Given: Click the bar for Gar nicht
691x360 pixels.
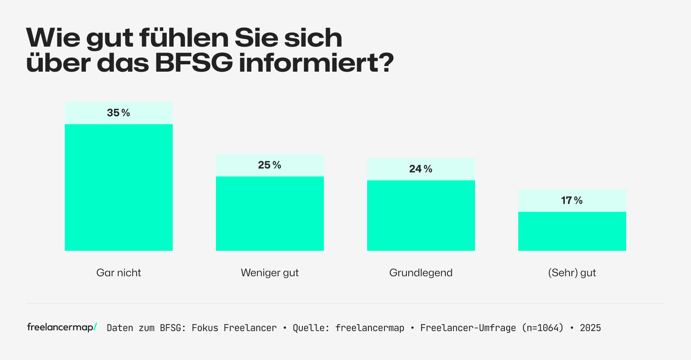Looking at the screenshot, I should point(119,187).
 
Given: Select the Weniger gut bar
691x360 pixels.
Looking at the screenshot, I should point(270,213).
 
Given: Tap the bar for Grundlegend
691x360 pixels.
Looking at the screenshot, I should point(421,215).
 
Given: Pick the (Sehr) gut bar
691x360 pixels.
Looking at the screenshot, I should point(572,231).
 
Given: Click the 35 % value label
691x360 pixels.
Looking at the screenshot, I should point(119,113).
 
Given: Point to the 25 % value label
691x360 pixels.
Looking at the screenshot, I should point(270,165).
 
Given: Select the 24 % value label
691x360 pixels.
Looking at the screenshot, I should point(421,169).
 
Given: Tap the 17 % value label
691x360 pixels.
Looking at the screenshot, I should point(572,201).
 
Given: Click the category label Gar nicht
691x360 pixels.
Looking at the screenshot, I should point(119,273).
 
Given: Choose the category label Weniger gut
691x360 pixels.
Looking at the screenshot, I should point(270,273).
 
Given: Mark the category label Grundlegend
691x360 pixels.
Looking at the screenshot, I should point(421,273).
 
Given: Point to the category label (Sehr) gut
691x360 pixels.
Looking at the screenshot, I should point(572,273).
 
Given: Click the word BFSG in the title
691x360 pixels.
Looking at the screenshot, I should point(193,63).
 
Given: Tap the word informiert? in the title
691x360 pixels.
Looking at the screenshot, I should point(317,63).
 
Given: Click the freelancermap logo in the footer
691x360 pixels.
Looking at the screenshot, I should point(62,327).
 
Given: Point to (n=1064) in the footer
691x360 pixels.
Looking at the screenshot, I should point(543,328).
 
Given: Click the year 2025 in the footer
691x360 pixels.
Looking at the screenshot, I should point(590,328).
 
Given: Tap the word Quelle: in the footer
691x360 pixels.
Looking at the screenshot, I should point(311,328).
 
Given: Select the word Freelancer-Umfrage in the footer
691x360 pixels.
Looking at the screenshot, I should point(468,328).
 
